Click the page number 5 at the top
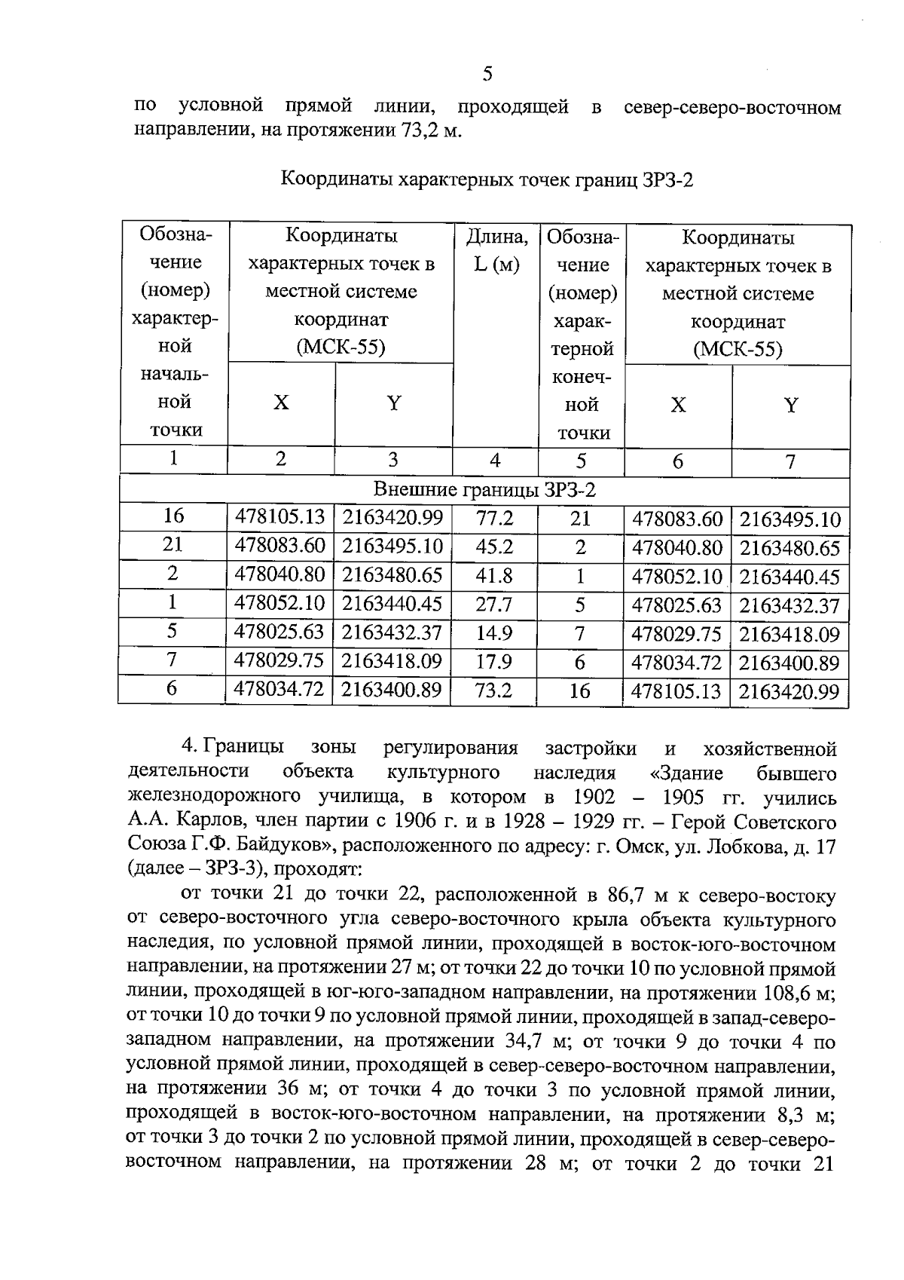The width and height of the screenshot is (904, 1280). (487, 74)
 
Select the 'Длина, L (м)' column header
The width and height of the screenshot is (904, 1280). (496, 251)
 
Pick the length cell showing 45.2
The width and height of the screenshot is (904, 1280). (494, 547)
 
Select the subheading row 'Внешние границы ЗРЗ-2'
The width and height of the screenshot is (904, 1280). (485, 490)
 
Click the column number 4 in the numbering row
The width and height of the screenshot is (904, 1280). (495, 461)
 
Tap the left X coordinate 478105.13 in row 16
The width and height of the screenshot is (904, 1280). (280, 517)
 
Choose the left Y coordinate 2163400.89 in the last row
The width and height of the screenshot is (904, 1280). (392, 689)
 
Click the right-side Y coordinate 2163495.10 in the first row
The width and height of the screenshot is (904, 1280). (789, 520)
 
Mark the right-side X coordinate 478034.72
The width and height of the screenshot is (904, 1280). (676, 663)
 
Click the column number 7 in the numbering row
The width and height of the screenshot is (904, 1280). (790, 461)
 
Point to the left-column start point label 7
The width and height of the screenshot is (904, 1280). (173, 660)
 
